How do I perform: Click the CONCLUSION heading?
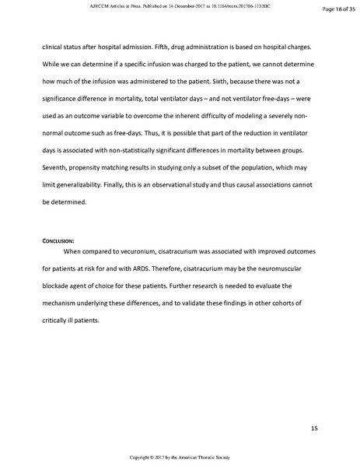(x=61, y=242)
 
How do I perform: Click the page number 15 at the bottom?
(x=314, y=428)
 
